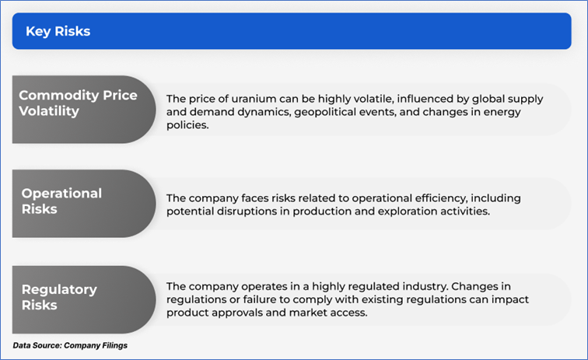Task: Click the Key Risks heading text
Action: [x=58, y=32]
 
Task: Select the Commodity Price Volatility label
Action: [x=78, y=103]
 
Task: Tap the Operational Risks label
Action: [x=61, y=201]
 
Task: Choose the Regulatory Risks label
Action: [x=59, y=297]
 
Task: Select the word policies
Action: [x=187, y=125]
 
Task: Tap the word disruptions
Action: [x=247, y=211]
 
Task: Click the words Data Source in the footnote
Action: [x=37, y=345]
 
